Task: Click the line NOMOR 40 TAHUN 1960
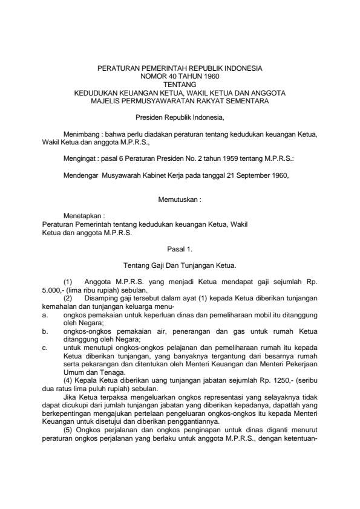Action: (x=180, y=77)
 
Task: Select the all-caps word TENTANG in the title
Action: (x=180, y=85)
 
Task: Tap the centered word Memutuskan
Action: (x=180, y=198)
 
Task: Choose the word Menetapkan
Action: (x=83, y=215)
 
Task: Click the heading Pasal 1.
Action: (x=180, y=248)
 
